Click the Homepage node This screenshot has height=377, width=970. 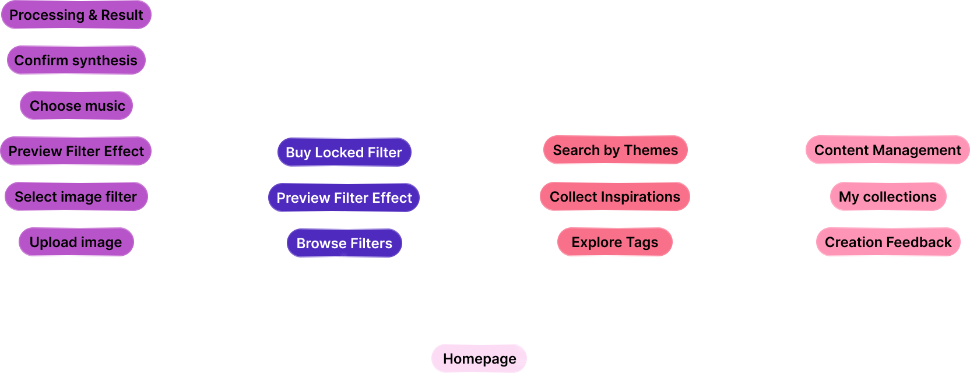point(479,358)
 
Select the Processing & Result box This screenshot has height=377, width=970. point(76,15)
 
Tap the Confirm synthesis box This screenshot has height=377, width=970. point(76,61)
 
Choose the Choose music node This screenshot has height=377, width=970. point(76,106)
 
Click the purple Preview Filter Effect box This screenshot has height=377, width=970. point(76,151)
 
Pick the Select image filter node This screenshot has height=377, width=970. point(76,197)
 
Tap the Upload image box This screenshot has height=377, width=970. point(76,242)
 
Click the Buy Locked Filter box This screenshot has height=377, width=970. point(344,153)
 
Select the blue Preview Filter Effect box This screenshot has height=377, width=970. point(344,198)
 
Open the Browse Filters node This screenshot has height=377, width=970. point(344,244)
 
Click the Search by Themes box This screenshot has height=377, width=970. point(615,150)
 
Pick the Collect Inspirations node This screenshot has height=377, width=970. point(614,197)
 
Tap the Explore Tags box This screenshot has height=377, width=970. point(614,242)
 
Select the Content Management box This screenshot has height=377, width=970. point(887,150)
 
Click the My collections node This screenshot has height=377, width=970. point(887,197)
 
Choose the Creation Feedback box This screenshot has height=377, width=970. point(888,242)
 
